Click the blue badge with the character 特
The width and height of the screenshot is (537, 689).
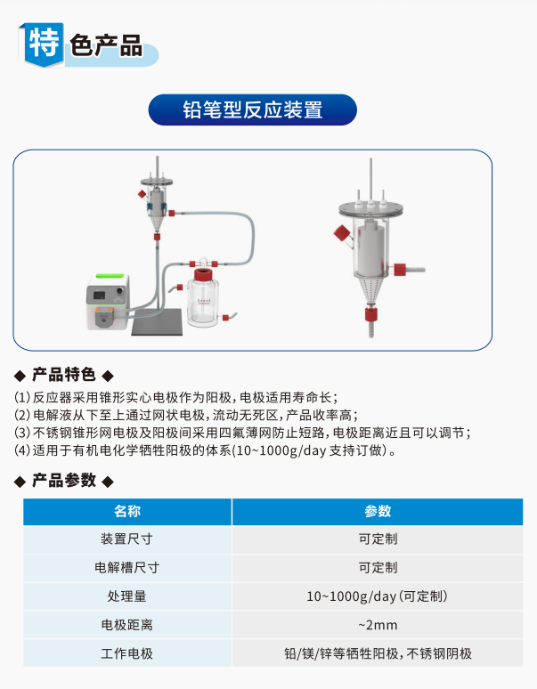(x=43, y=44)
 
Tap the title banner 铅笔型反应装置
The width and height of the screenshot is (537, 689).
(x=253, y=109)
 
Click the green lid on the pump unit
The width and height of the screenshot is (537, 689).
(x=109, y=276)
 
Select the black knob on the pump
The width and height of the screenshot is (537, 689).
(x=119, y=290)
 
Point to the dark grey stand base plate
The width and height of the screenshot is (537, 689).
(x=158, y=321)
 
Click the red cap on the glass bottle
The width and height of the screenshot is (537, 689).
(x=202, y=275)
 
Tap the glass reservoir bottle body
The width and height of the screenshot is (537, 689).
(x=202, y=304)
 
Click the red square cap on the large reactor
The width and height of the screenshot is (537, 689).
(x=341, y=233)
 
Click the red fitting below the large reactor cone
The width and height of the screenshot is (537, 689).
(x=370, y=314)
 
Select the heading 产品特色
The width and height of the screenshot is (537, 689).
(x=64, y=375)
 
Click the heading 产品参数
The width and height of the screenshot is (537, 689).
(x=64, y=481)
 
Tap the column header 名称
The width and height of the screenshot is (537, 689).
(x=127, y=511)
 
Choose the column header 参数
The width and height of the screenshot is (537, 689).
(x=378, y=511)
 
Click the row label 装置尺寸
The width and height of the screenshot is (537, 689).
(x=127, y=539)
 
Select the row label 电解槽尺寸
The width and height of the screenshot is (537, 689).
(x=127, y=568)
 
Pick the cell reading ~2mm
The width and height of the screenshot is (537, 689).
(x=378, y=625)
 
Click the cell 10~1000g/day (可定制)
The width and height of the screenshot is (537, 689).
(x=378, y=596)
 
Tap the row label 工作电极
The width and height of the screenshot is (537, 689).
(x=127, y=653)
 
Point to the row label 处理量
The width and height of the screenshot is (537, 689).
(x=127, y=596)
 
